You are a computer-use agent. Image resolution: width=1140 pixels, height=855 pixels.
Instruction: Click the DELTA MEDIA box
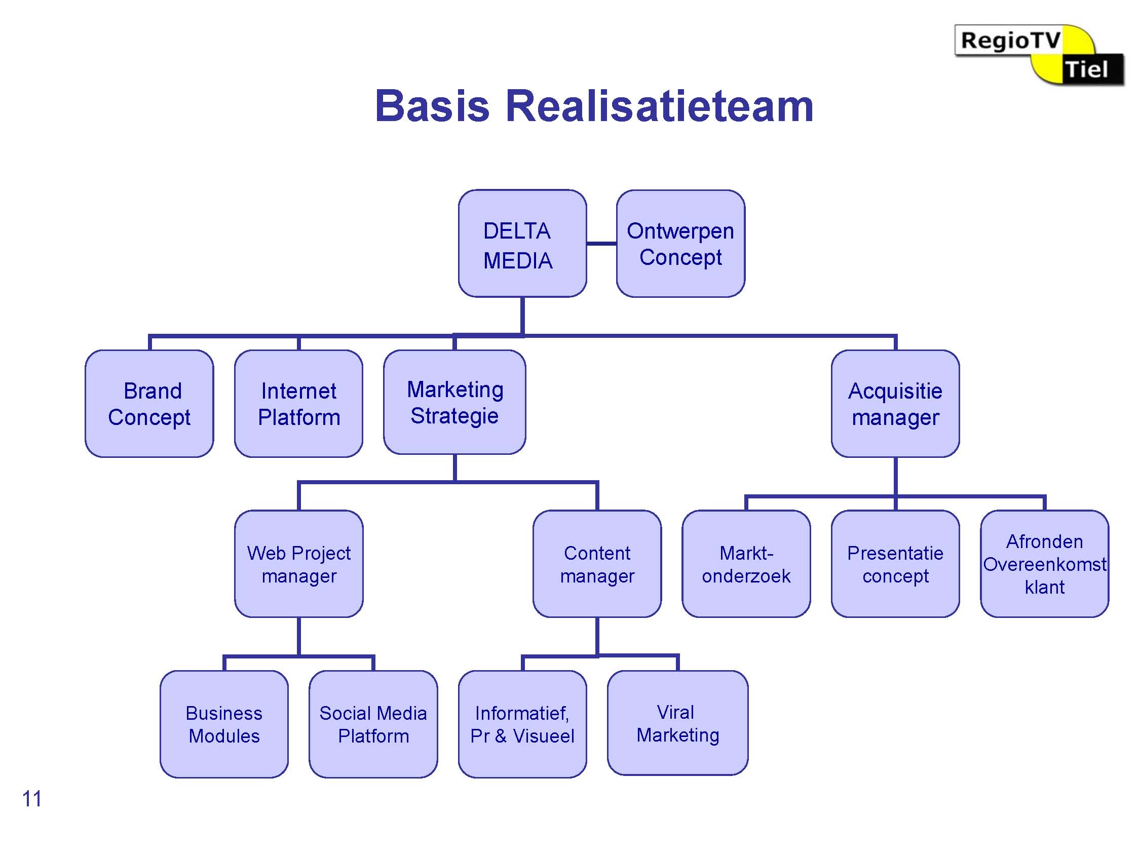coord(522,243)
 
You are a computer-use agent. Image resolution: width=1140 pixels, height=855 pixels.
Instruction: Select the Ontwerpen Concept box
coord(680,243)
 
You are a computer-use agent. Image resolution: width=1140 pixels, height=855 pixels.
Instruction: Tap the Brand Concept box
coord(149,404)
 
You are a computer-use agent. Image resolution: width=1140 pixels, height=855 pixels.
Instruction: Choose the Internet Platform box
coord(299,404)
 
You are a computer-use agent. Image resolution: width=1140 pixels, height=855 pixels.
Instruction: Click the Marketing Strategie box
coord(454,402)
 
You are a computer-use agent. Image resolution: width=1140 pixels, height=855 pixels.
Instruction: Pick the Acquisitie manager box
coord(895,404)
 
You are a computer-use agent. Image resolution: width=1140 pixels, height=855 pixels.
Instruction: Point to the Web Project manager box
coord(299,564)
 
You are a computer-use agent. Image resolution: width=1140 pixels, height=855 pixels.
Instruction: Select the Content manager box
coord(597,564)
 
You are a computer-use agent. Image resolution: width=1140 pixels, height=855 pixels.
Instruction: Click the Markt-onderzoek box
coord(746,564)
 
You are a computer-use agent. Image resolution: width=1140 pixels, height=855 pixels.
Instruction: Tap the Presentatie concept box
coord(895,564)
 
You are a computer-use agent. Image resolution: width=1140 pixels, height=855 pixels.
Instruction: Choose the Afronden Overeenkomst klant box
coord(1045,564)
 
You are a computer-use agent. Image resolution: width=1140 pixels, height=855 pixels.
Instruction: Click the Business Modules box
coord(224,724)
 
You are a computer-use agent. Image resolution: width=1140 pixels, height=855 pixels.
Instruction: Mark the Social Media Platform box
coord(373,724)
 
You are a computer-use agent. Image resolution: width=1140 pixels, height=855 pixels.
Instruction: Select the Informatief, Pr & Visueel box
coord(522,724)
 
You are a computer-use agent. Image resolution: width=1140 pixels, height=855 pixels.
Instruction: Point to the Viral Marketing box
coord(678,723)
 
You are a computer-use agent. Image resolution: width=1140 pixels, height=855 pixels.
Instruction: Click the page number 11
coord(31,799)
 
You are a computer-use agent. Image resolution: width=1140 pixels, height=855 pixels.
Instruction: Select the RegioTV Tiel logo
coord(1039,55)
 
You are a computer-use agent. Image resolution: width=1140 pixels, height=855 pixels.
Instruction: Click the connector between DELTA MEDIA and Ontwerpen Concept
coord(601,243)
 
